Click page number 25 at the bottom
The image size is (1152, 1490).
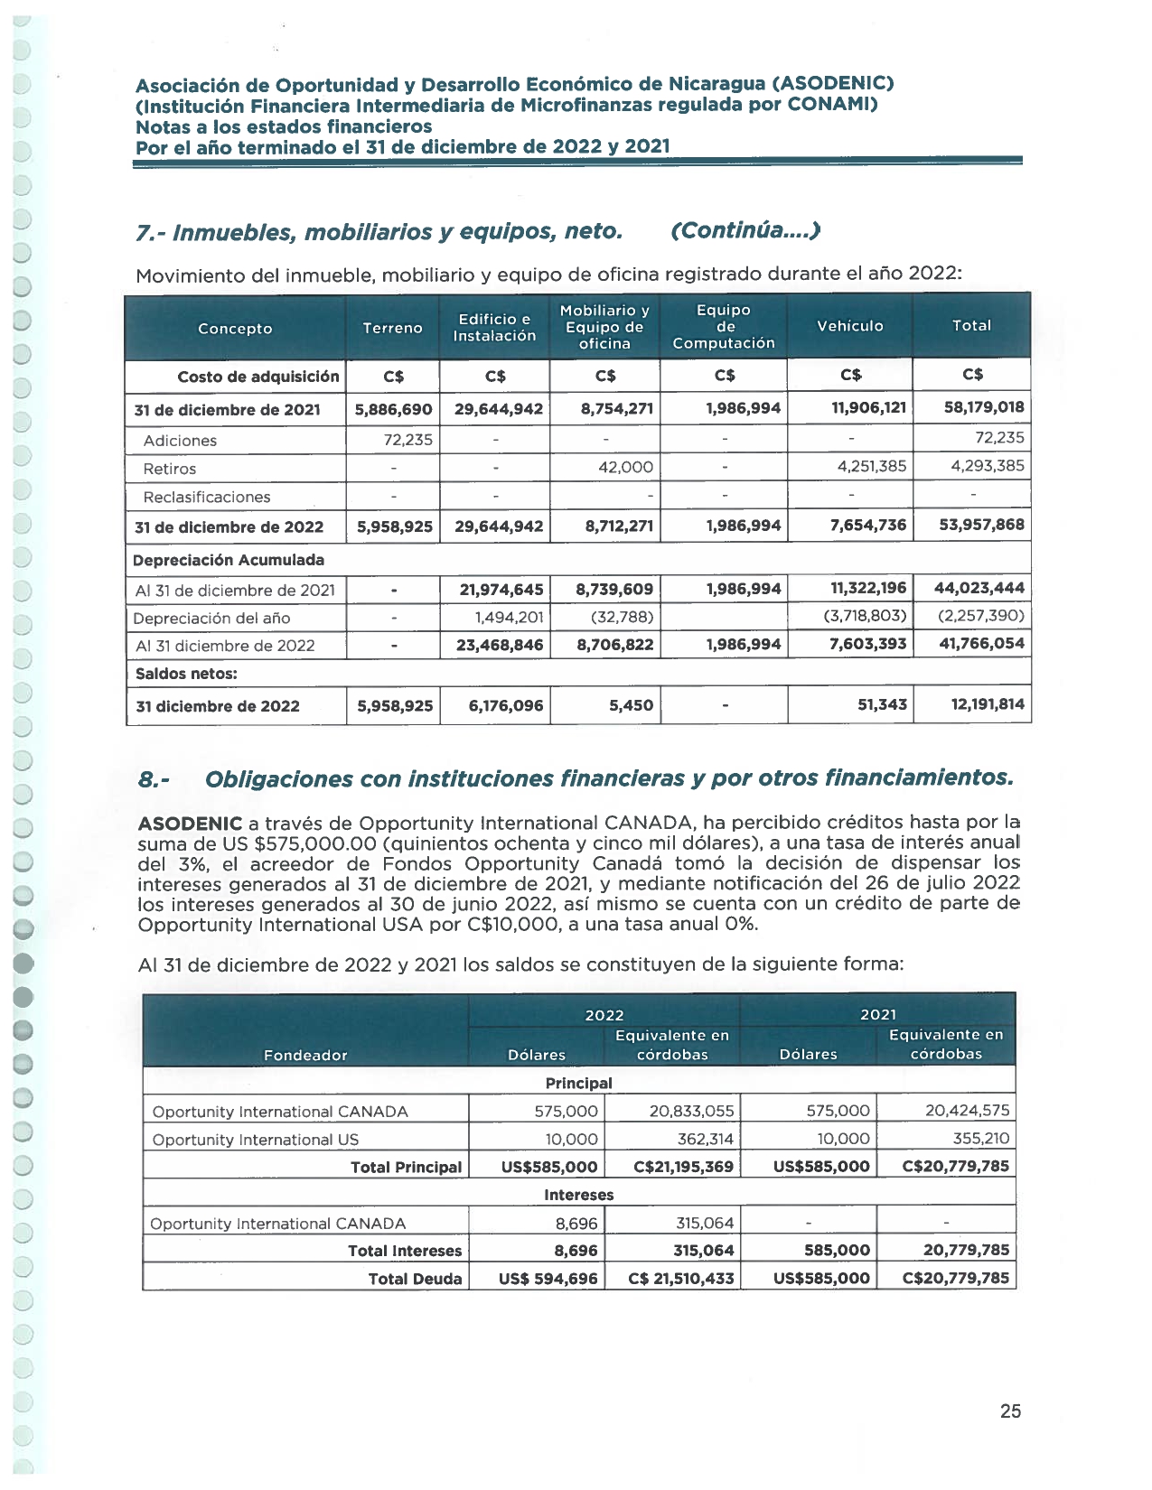[x=1010, y=1411]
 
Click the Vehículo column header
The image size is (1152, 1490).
[x=849, y=326]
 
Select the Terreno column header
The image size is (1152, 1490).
[x=392, y=328]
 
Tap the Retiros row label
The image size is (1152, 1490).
[x=170, y=469]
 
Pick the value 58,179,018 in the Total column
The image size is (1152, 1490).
[x=984, y=407]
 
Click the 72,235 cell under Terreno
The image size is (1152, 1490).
[x=407, y=440]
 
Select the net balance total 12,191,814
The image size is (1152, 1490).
[x=988, y=704]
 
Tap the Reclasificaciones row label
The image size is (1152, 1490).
[x=207, y=497]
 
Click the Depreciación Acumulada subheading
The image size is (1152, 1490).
[x=229, y=560]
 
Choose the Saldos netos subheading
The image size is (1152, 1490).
[x=186, y=674]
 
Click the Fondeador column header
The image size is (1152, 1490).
[x=305, y=1055]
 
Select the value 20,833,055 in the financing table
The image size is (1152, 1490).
[x=691, y=1111]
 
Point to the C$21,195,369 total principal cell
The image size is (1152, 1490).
[x=683, y=1167]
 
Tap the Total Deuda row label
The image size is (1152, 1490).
[x=415, y=1279]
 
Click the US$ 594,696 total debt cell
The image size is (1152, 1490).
[x=548, y=1279]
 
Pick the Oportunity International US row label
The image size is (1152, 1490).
[x=256, y=1140]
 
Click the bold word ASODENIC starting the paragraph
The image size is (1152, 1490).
[x=190, y=824]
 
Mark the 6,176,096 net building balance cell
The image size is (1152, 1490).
[x=506, y=705]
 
